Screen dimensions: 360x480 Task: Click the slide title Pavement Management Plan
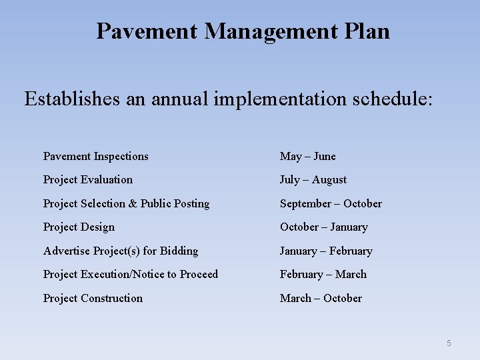243,31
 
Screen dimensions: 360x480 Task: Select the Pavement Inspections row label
96,157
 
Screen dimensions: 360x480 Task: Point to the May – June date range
308,157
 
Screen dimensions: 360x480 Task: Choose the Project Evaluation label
88,180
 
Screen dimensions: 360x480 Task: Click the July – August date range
313,180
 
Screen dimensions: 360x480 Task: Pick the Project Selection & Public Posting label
126,204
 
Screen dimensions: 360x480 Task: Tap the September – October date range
331,204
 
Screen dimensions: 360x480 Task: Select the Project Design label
79,227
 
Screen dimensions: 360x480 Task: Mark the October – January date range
323,227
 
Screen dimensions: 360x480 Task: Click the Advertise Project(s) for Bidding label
121,251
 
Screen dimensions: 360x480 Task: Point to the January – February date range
326,251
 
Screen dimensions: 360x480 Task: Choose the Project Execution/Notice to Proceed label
131,275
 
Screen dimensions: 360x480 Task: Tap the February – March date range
323,275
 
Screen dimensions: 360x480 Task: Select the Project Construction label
93,299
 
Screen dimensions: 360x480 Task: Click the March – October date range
321,299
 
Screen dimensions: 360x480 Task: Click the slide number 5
449,343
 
